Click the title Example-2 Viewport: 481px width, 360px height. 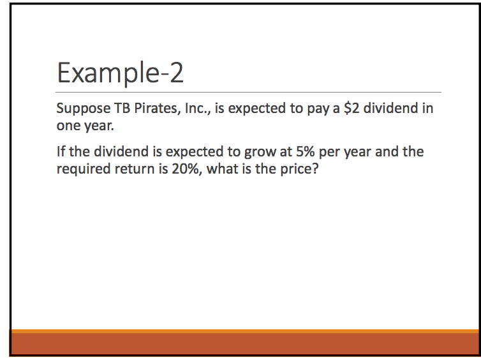point(121,73)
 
